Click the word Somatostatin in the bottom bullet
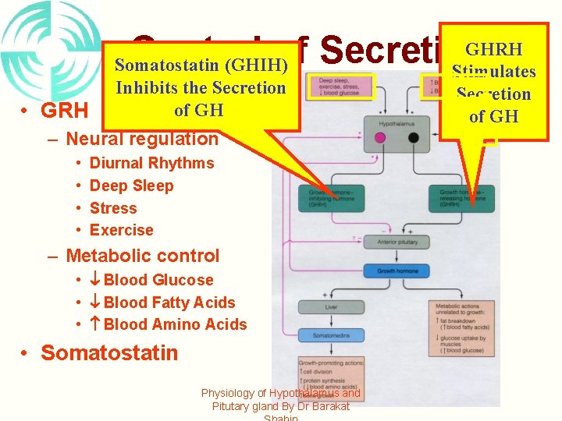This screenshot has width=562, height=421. (109, 352)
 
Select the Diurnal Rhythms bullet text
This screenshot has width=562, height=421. (151, 163)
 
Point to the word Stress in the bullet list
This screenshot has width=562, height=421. (113, 208)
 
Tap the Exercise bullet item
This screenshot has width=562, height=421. (121, 230)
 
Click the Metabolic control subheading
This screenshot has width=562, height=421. (142, 256)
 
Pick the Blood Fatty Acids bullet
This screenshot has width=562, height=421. (169, 302)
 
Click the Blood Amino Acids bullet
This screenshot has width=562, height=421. (174, 324)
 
